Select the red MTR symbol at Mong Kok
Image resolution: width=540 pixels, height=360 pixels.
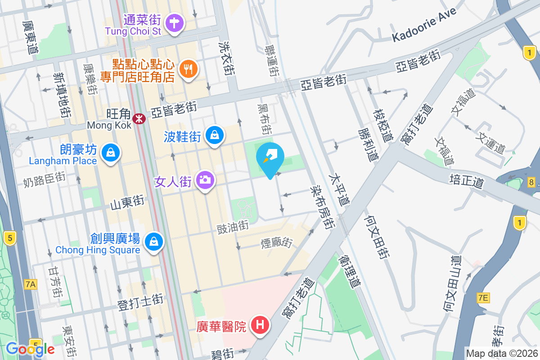coord(139,118)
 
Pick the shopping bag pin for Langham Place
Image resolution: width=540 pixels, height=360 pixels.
coord(110,153)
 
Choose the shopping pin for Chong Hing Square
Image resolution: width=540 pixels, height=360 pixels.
coord(154,241)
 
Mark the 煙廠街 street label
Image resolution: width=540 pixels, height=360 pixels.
coord(277,243)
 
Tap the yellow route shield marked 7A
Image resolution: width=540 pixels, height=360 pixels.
coord(31,284)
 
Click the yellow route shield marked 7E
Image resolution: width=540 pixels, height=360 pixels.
coord(483,297)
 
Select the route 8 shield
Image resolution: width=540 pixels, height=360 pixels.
coord(532,182)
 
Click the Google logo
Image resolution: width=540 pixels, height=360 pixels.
coord(30,349)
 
